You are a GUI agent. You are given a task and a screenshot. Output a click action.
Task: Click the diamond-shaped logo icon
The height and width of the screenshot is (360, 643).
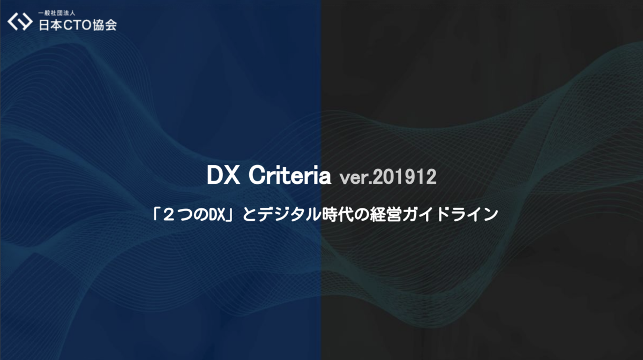coord(20,21)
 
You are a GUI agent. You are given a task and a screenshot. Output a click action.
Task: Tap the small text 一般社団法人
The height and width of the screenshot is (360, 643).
coord(57,13)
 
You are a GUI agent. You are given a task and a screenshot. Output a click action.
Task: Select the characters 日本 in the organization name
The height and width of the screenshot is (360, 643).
coord(50,25)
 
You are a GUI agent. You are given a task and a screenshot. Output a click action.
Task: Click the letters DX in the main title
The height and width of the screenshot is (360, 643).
coord(223,175)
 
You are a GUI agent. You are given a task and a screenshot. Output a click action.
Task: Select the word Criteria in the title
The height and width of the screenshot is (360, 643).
coord(290,175)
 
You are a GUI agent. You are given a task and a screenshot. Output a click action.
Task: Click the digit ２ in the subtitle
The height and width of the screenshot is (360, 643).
coord(169,214)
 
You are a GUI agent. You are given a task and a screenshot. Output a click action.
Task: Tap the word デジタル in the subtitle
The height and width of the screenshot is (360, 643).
coord(289,214)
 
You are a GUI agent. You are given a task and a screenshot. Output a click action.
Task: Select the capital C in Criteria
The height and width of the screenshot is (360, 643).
coord(257,175)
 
